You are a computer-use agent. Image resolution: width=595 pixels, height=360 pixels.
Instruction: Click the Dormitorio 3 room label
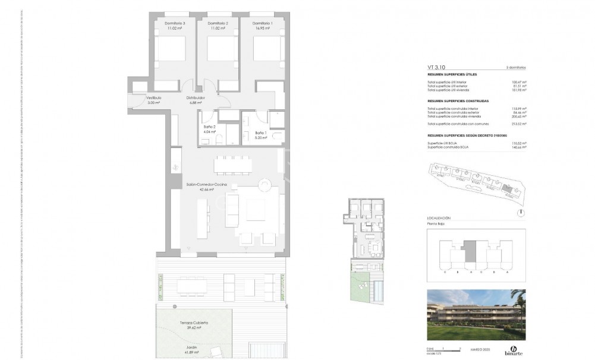[x=174, y=23]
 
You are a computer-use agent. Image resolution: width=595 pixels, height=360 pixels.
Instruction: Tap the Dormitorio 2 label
[x=218, y=23]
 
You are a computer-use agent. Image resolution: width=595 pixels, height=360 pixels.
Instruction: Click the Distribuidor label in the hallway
[x=196, y=97]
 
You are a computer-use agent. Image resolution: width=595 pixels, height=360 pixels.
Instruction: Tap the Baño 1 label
[x=260, y=132]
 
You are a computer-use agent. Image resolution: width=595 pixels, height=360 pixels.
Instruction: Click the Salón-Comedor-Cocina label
[x=206, y=185]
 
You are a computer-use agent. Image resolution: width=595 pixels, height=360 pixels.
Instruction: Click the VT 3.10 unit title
[x=437, y=68]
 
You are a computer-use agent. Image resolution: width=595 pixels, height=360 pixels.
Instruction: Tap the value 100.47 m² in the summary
[x=520, y=83]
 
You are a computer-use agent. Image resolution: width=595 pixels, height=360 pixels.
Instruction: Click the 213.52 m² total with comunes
[x=520, y=123]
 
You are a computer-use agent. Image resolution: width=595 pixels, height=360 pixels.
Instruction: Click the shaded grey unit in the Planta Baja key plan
[x=470, y=251]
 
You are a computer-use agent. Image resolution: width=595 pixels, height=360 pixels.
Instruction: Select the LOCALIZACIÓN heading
[x=439, y=219]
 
